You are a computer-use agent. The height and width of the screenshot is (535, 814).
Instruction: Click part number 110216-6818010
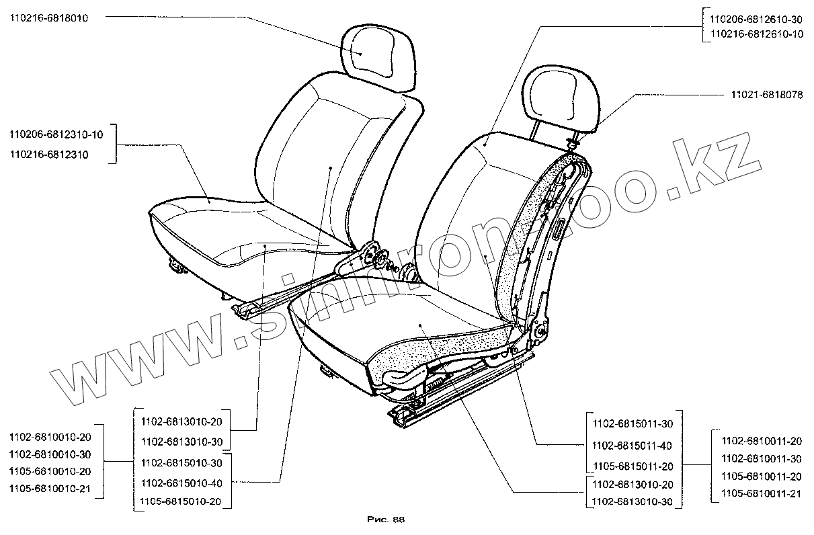(49, 18)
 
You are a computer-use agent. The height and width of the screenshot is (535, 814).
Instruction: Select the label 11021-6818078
(766, 95)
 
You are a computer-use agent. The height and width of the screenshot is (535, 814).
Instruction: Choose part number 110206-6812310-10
(56, 135)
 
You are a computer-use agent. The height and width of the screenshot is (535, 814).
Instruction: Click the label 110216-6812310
(49, 155)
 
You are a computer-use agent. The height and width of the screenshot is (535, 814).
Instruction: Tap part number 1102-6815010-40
(181, 483)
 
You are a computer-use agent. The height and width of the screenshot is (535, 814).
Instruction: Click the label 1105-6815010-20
(181, 501)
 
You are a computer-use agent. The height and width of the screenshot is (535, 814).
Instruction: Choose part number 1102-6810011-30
(762, 458)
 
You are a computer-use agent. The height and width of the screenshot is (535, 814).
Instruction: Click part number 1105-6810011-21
(762, 493)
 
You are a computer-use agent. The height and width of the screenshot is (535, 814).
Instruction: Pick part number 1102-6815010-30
(181, 464)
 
